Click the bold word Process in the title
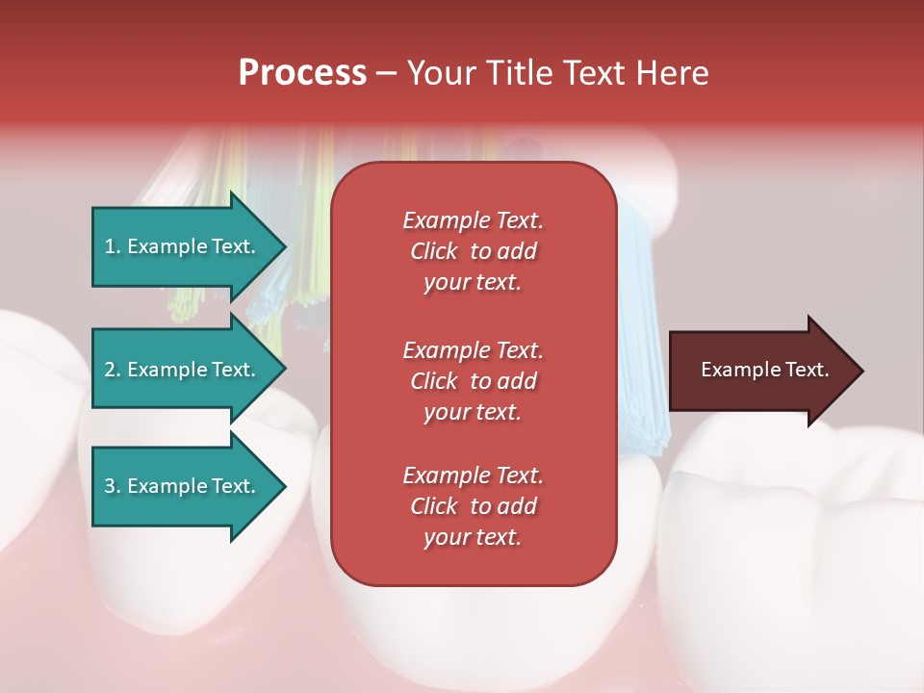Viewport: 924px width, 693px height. tap(302, 73)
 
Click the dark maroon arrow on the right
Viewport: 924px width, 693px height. tap(760, 371)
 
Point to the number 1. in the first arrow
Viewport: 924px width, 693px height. tap(113, 246)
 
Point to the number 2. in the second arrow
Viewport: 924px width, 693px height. tap(113, 370)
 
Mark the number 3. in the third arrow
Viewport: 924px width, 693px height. tap(113, 486)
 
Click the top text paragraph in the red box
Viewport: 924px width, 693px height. tap(473, 251)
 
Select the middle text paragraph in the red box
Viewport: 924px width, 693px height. tap(473, 381)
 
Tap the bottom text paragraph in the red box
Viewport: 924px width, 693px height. tap(473, 506)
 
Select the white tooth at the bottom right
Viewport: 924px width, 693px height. tap(789, 558)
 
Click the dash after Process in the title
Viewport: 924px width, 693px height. tap(386, 73)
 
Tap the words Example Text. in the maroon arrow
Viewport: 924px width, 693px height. tap(764, 370)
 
